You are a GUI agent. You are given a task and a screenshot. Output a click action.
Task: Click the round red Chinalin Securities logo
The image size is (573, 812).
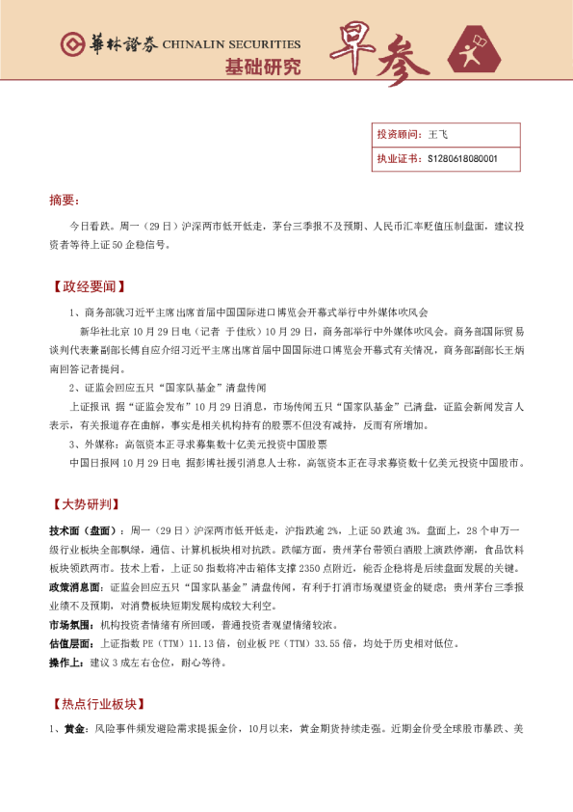coord(70,43)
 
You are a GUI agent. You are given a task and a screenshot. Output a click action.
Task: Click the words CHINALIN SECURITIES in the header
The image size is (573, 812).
coord(231,44)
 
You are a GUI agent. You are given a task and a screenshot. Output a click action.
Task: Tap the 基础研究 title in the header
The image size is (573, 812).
coord(262,67)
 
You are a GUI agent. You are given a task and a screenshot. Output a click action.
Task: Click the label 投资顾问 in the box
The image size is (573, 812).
coord(398,136)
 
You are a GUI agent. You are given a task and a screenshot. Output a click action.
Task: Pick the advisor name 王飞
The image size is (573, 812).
coord(438,136)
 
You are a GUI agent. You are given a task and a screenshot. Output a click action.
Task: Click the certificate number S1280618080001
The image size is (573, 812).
coord(462,158)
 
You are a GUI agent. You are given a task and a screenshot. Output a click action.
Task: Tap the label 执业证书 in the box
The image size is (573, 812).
coord(398,158)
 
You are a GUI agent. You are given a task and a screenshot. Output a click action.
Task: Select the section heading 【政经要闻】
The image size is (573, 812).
coord(86,287)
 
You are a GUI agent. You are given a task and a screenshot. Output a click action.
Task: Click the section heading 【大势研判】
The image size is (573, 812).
coord(86,504)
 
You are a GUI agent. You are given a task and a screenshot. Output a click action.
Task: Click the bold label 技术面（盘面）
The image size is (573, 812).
coord(84,531)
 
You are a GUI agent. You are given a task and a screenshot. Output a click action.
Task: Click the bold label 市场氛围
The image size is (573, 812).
coord(71,625)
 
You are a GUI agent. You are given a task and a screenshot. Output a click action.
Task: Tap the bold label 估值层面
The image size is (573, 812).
coord(71,643)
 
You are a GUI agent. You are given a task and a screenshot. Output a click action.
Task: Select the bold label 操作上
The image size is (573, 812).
coord(66,663)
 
